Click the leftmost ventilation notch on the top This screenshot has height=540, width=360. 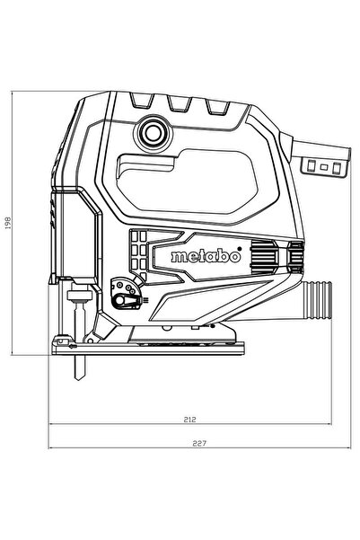coord(144,105)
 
